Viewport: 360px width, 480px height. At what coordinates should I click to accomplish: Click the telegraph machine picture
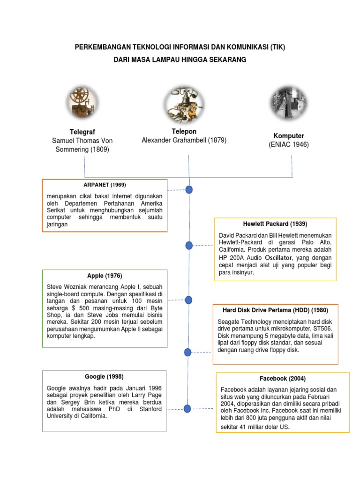point(84,103)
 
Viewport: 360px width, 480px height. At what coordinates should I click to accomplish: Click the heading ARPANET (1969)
point(105,185)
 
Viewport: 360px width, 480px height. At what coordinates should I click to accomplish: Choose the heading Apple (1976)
point(105,276)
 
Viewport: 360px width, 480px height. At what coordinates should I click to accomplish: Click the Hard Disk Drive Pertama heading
point(275,310)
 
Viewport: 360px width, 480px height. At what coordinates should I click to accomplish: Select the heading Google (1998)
point(104,376)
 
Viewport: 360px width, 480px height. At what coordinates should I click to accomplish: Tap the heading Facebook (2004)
point(282,378)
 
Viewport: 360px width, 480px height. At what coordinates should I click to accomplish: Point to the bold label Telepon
point(184,131)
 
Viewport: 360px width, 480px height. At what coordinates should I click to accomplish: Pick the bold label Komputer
point(289,135)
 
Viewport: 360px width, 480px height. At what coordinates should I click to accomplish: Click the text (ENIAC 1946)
point(289,145)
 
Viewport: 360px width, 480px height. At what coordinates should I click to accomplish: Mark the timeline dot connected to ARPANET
point(189,190)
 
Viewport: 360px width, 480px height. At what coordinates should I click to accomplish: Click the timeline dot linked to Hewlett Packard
point(189,246)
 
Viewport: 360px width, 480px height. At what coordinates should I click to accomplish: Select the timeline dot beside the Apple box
point(189,300)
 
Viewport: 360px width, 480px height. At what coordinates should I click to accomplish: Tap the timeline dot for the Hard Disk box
point(188,352)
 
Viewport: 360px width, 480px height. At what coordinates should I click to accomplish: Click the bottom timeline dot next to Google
point(187,409)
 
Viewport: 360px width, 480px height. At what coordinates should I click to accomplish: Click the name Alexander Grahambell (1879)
point(184,140)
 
